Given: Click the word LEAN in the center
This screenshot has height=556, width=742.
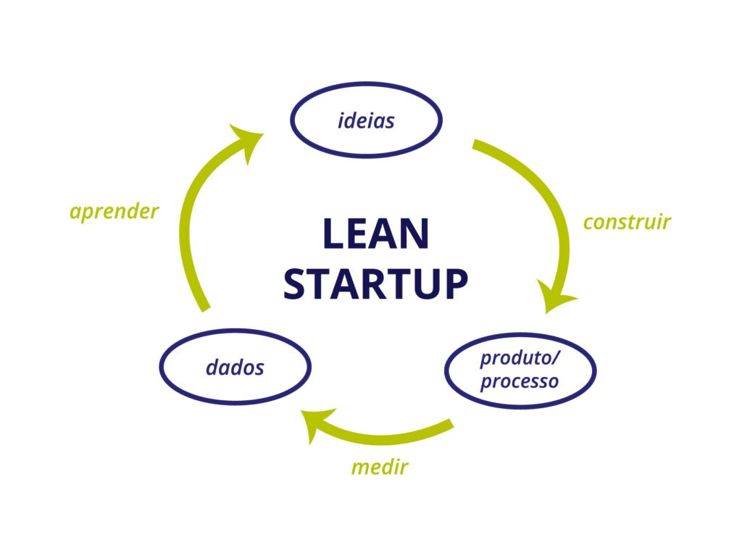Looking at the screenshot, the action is pyautogui.click(x=376, y=233).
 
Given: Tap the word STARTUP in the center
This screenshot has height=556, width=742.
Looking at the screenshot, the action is pyautogui.click(x=376, y=283).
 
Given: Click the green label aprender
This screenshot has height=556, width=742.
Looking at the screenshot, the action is pyautogui.click(x=114, y=212).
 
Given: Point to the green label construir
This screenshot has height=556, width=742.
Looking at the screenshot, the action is pyautogui.click(x=627, y=222).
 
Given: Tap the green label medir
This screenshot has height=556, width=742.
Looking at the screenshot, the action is pyautogui.click(x=380, y=467).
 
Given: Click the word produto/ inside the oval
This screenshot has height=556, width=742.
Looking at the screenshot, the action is pyautogui.click(x=520, y=359).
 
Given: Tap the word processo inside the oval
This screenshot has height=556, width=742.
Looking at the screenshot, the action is pyautogui.click(x=520, y=382).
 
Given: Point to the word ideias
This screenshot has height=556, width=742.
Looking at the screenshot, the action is pyautogui.click(x=366, y=120).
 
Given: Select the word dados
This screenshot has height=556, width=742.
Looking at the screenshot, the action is pyautogui.click(x=235, y=367).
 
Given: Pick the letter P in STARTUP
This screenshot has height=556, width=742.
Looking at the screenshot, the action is pyautogui.click(x=456, y=283).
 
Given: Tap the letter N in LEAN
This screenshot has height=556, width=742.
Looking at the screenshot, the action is pyautogui.click(x=415, y=233).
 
